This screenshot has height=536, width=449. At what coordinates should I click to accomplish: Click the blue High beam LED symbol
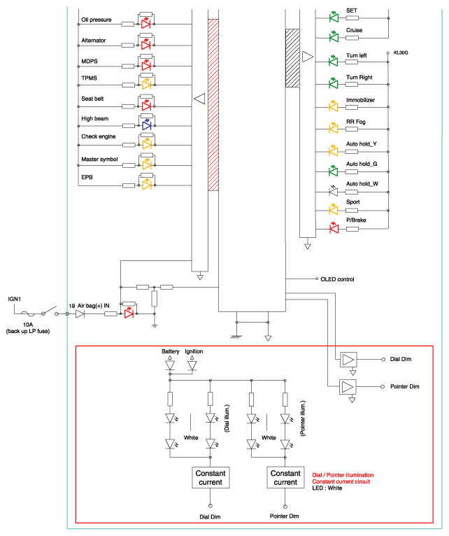click(x=147, y=125)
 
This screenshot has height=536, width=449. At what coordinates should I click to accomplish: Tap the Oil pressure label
click(x=97, y=20)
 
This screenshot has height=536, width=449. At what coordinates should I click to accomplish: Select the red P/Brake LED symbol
click(x=334, y=228)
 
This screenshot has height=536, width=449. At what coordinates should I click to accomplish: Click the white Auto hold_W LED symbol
click(x=333, y=192)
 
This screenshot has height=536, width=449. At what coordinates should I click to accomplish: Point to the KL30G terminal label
click(x=401, y=52)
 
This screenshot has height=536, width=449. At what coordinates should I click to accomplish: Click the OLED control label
click(x=337, y=279)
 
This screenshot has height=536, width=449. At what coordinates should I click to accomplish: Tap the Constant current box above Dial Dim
click(x=211, y=477)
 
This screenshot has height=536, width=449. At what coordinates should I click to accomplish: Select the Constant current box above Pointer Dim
click(x=285, y=477)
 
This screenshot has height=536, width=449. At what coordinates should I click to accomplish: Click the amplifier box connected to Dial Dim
click(x=348, y=360)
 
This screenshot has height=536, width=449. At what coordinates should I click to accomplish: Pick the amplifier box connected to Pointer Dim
click(x=348, y=387)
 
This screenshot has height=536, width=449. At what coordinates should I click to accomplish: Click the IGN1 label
click(x=15, y=299)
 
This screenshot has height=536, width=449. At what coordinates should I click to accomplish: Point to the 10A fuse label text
click(x=28, y=325)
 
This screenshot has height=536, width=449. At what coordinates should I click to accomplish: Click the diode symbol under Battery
click(x=170, y=365)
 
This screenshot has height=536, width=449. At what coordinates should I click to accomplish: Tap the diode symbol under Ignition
click(x=192, y=365)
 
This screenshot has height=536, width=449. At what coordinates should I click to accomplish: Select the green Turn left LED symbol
click(x=334, y=61)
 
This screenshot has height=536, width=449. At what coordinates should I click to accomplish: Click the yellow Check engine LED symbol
click(x=147, y=144)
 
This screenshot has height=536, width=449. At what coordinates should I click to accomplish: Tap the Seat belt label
click(x=92, y=99)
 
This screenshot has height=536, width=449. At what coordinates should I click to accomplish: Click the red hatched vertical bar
click(x=213, y=104)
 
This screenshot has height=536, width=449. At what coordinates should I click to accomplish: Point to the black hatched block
click(x=292, y=58)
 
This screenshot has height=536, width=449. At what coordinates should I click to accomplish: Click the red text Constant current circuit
click(x=341, y=481)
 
